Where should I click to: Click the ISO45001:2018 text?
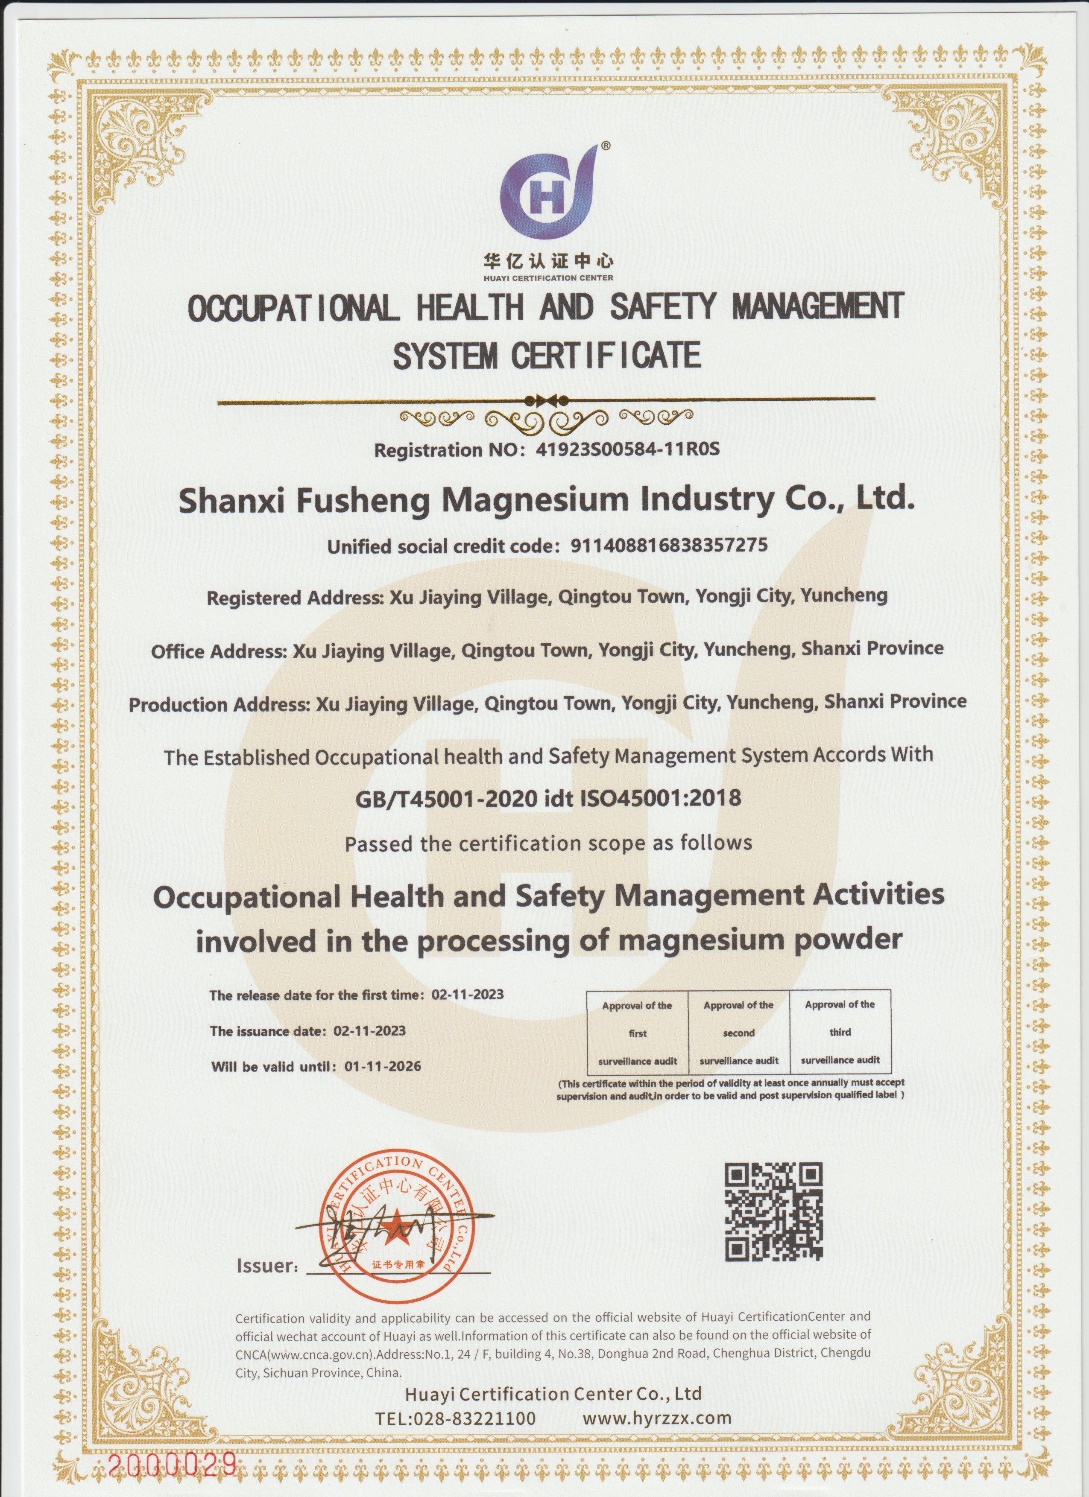[660, 799]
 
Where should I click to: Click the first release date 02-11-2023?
[468, 995]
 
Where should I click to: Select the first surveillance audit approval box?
[637, 1033]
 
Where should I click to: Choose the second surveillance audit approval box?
[738, 1033]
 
